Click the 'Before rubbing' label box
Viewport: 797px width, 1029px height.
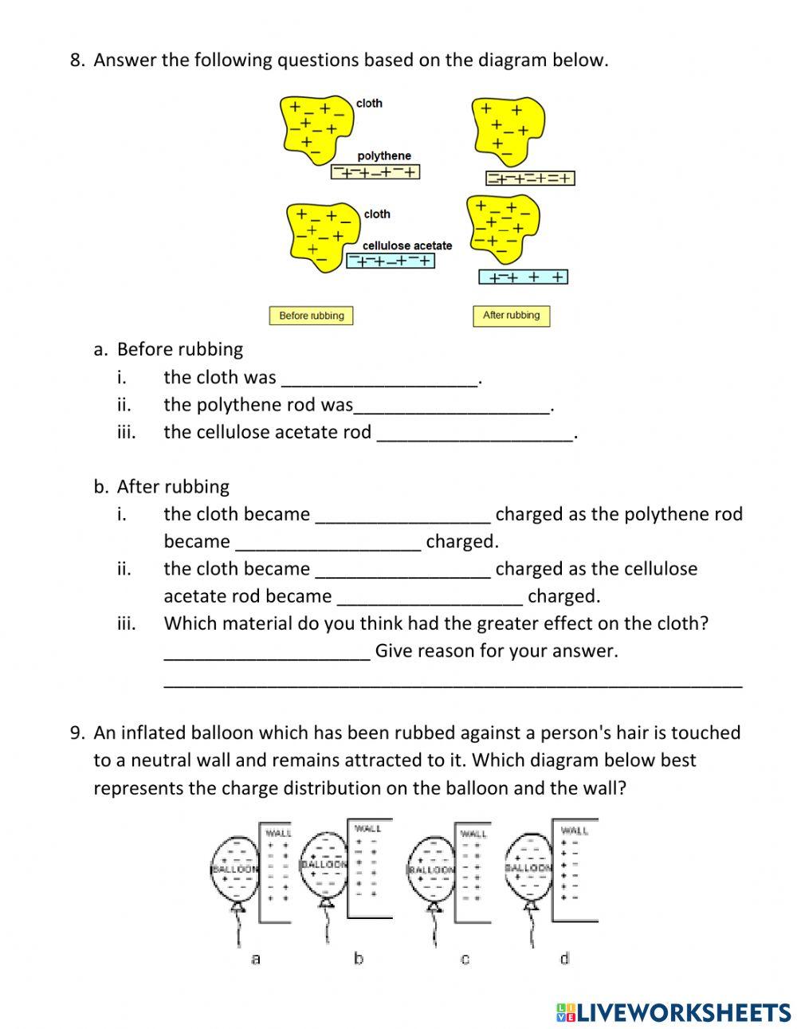click(311, 316)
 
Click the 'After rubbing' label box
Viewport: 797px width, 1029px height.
click(511, 315)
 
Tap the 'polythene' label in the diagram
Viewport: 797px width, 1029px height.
click(384, 156)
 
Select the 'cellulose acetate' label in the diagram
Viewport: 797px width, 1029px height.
click(407, 245)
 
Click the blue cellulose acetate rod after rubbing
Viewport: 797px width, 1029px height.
click(523, 277)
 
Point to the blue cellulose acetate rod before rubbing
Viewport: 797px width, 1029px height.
click(391, 261)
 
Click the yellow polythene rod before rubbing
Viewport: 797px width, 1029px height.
click(375, 171)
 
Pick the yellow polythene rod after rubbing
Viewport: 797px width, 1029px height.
click(530, 179)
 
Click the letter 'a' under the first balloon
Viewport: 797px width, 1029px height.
click(256, 959)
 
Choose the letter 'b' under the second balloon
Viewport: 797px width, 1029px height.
click(359, 958)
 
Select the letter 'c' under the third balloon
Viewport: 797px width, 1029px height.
click(465, 959)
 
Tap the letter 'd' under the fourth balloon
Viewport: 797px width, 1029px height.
click(564, 958)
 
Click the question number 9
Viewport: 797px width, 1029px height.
click(77, 732)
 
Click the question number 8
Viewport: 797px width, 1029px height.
click(77, 60)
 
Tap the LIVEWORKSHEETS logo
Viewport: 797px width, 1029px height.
click(673, 1012)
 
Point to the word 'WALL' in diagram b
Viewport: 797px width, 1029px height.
click(368, 828)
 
